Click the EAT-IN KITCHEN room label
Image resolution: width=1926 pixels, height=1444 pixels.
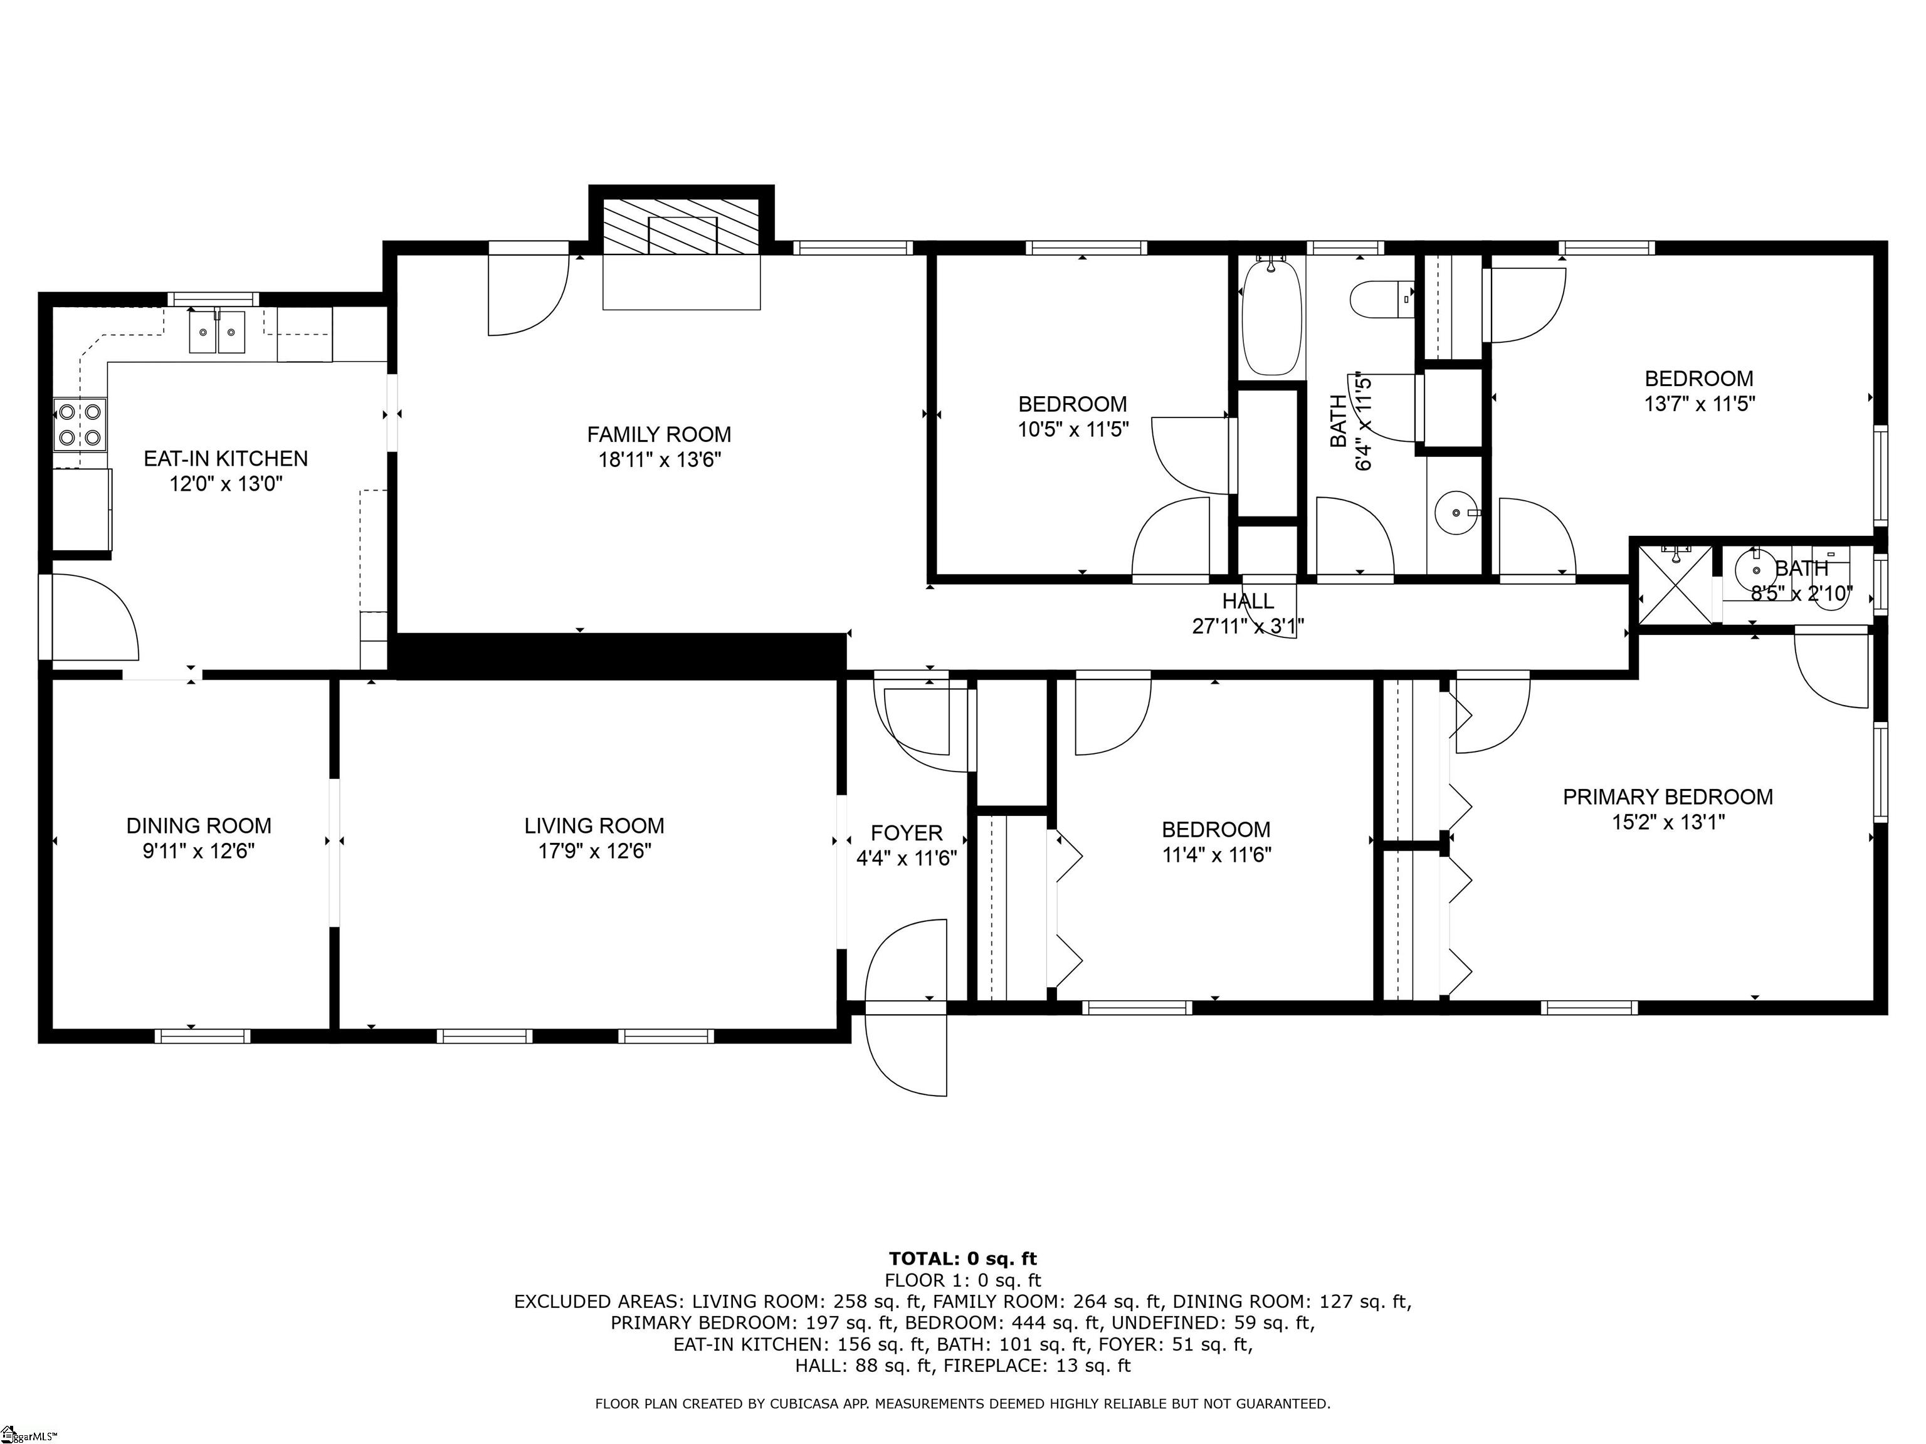226,459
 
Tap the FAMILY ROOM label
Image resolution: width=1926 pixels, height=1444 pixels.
659,434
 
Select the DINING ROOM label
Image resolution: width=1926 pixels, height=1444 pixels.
199,826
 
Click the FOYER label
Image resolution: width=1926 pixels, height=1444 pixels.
907,833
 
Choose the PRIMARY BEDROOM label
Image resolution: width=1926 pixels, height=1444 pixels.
1668,797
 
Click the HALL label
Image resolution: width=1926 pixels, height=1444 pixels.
1248,600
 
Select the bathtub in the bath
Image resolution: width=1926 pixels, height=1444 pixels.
1272,318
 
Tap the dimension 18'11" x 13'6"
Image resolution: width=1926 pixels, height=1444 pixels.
659,459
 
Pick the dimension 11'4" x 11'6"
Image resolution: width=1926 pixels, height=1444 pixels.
1216,855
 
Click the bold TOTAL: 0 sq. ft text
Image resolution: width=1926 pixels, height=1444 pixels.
963,1258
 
